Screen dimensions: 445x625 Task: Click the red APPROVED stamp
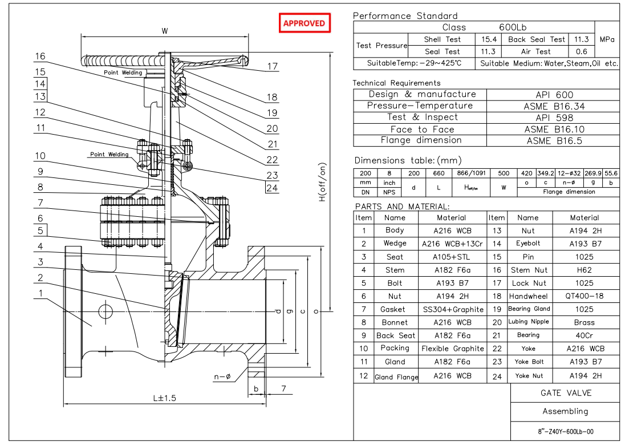305,23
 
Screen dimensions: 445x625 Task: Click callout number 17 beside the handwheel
273,67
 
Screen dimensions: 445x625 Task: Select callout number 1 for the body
40,293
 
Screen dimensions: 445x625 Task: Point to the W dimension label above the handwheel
165,31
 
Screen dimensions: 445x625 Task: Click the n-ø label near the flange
221,377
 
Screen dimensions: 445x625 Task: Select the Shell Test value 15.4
489,39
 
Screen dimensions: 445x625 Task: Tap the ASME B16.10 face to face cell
554,129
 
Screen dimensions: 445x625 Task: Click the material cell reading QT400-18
586,296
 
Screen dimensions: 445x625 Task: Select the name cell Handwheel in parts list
528,296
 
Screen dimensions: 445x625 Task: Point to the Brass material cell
586,322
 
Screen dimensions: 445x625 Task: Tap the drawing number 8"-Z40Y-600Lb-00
565,431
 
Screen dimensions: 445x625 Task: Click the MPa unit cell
607,39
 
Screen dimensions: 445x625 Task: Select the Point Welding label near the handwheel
123,73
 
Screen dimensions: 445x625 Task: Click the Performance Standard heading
405,16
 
